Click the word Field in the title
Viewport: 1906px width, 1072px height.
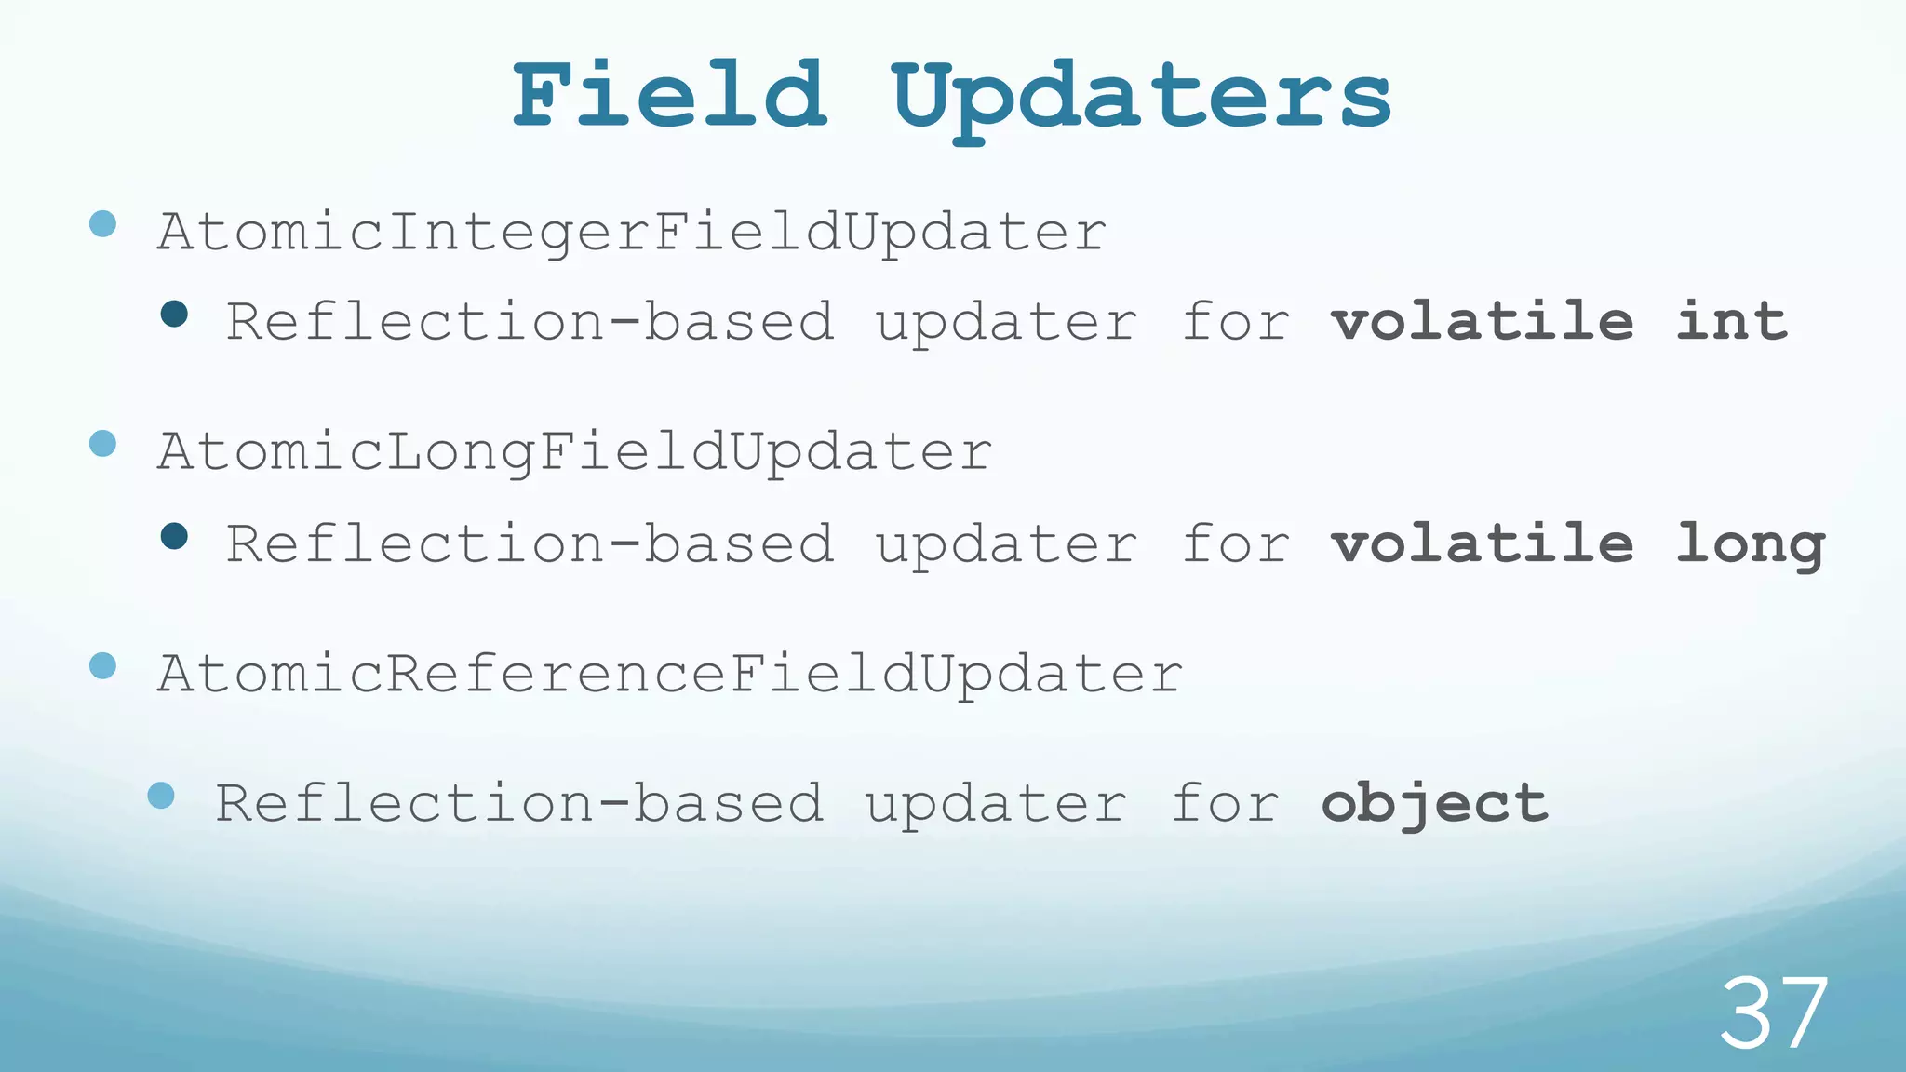tap(670, 96)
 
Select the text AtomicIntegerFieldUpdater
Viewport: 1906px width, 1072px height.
tap(632, 232)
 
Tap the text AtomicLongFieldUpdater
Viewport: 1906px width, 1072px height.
tap(574, 452)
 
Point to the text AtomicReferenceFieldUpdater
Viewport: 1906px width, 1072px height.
tap(670, 674)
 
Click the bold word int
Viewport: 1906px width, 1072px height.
tap(1731, 321)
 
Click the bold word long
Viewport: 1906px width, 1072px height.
tap(1750, 545)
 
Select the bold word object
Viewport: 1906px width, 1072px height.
tap(1434, 804)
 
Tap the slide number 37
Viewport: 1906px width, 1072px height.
tap(1773, 1013)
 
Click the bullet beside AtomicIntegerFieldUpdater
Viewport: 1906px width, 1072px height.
tap(102, 223)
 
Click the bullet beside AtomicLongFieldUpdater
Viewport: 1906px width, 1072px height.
tap(102, 444)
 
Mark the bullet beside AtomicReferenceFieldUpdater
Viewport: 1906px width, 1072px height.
tap(102, 665)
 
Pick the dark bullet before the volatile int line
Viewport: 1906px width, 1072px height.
tap(174, 314)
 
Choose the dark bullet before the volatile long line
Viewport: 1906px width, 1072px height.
tap(174, 536)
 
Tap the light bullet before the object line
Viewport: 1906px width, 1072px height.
tap(161, 795)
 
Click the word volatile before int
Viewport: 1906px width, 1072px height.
tap(1482, 321)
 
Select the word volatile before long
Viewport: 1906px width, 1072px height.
tap(1482, 543)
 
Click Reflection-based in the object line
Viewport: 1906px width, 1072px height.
tap(519, 803)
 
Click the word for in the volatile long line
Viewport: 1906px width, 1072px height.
tap(1236, 543)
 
